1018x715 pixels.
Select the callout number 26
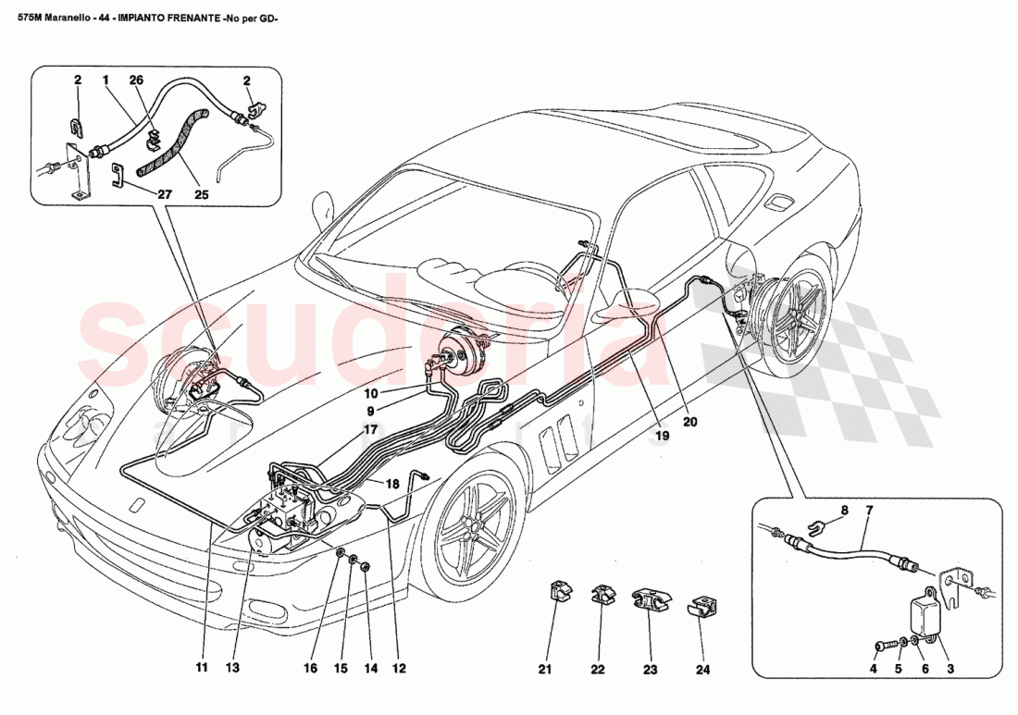137,80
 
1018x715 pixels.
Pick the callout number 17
371,429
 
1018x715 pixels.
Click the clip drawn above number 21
558,592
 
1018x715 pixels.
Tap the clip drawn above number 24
701,608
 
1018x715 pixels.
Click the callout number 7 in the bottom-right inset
869,511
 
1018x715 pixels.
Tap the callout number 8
843,511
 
